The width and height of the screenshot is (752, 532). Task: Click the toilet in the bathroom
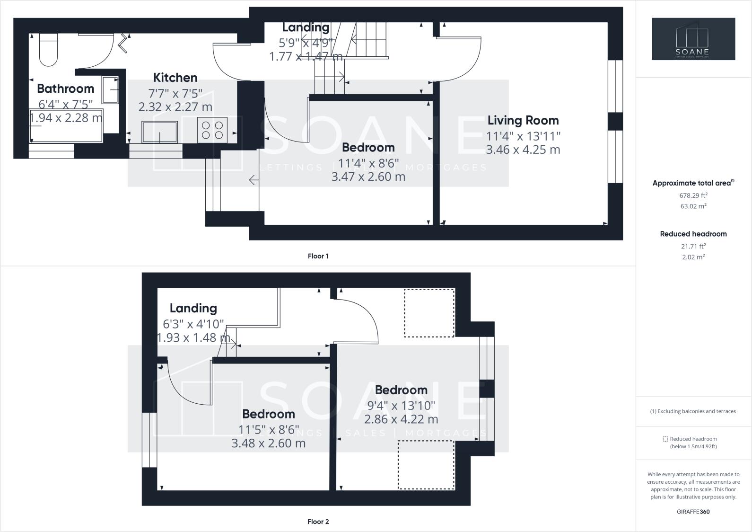pos(48,50)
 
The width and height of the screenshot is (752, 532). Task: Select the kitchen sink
pos(160,132)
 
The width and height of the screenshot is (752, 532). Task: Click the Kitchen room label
pos(175,78)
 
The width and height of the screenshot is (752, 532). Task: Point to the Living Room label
pos(523,120)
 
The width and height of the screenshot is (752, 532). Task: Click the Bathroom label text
pos(65,89)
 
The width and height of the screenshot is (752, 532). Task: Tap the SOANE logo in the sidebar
pos(693,39)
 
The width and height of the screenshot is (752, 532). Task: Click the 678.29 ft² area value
pos(693,195)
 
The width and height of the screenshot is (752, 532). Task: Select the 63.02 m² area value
pos(693,206)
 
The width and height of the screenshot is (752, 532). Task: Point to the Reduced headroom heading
pos(693,234)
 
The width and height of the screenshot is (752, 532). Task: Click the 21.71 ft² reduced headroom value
pos(693,246)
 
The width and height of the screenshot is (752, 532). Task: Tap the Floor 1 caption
pos(318,256)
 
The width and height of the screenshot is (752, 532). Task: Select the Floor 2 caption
pos(318,522)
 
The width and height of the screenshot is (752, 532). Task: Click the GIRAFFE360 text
pos(693,512)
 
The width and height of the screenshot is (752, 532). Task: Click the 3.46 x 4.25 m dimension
pos(523,150)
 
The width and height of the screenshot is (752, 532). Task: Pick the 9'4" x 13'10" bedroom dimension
pos(401,406)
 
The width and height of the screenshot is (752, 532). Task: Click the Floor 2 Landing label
pos(193,308)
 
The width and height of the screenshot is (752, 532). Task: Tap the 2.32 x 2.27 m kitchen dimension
pos(175,107)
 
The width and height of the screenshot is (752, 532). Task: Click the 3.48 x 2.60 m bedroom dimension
pos(268,443)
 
